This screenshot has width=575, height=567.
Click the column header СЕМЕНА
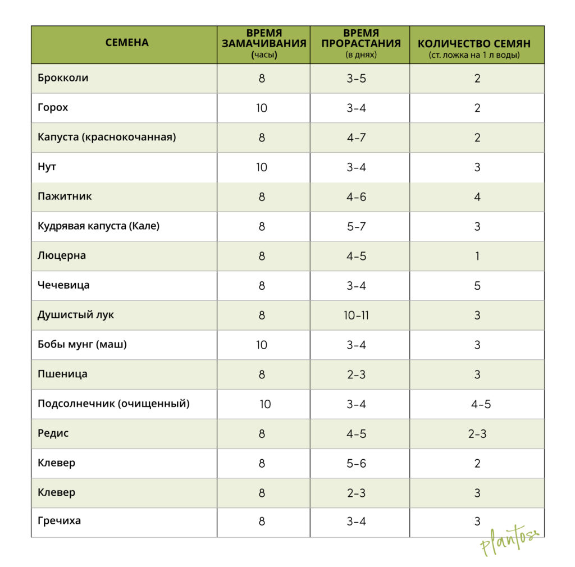(127, 43)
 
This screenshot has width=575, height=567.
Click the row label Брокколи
(63, 78)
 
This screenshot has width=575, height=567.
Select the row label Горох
(53, 107)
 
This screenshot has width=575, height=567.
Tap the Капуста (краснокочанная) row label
(107, 137)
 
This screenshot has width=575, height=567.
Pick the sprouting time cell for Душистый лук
(357, 315)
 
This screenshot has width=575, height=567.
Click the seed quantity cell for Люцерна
(477, 256)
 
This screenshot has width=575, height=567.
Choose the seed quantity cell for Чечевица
(477, 286)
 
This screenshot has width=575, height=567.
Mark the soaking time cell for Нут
(262, 167)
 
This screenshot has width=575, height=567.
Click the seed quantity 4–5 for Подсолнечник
(481, 404)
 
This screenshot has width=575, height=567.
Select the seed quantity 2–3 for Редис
(477, 434)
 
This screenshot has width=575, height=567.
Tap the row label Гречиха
(59, 521)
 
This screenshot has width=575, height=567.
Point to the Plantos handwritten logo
(508, 541)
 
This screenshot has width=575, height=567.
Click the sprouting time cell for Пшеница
(357, 374)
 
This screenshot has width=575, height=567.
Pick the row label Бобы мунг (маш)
(82, 345)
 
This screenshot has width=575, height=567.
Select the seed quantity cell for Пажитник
(477, 197)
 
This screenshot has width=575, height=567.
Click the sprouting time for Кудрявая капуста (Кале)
(357, 227)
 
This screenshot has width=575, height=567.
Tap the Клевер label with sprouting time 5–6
(56, 463)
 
